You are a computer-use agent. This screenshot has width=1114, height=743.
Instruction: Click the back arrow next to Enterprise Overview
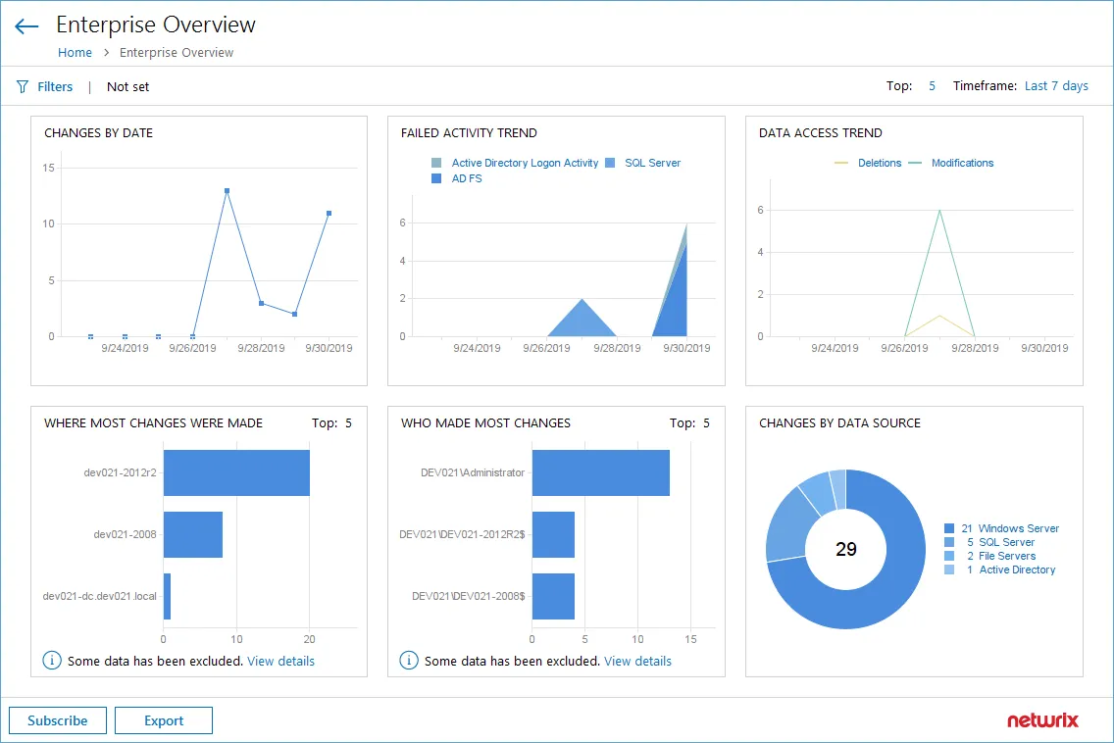pos(26,26)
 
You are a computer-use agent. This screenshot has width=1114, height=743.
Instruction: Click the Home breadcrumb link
pos(75,53)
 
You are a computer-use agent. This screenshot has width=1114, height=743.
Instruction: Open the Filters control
pos(45,86)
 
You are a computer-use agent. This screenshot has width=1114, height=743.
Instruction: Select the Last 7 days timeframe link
pos(1056,86)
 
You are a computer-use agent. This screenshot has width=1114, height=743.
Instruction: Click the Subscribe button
pos(58,720)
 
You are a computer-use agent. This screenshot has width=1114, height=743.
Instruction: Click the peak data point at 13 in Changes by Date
pos(227,191)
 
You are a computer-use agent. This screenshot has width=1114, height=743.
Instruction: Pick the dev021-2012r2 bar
pos(236,472)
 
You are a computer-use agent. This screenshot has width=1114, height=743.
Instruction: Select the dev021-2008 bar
pos(193,534)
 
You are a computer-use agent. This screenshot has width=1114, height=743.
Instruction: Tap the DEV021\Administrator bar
pos(600,472)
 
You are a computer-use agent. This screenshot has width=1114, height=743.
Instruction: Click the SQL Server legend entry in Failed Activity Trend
pos(651,163)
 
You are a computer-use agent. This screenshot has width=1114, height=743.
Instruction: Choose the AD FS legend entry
pos(466,178)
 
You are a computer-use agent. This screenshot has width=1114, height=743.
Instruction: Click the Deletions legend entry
pos(879,163)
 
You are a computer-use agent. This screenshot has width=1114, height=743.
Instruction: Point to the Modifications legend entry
pos(961,163)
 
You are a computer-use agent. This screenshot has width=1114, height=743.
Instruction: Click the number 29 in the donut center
pos(845,550)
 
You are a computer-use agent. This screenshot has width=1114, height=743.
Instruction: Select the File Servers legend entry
pos(1006,556)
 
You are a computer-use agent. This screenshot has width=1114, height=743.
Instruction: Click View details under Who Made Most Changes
pos(637,661)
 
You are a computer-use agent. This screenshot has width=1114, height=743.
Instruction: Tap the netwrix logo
pos(1042,720)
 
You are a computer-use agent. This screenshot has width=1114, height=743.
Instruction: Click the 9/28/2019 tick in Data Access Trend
pos(975,348)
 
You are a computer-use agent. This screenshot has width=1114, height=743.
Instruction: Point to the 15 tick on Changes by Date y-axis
pos(49,168)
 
